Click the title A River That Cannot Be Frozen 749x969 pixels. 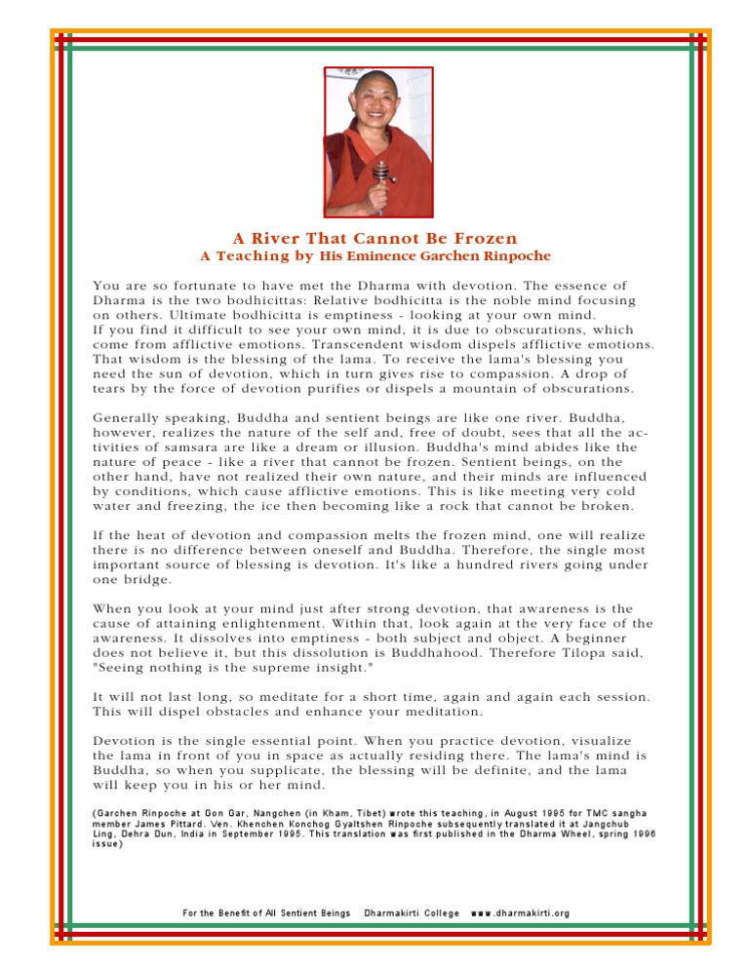(374, 238)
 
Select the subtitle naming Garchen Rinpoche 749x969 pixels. (374, 256)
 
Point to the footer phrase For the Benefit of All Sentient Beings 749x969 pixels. (266, 912)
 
